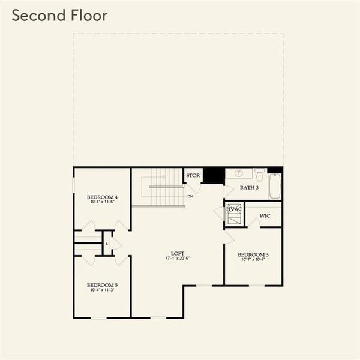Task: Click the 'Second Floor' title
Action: click(x=59, y=16)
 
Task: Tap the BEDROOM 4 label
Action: click(x=102, y=197)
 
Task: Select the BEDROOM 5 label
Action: click(x=102, y=285)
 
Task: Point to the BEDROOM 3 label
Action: click(x=253, y=254)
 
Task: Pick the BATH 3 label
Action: click(x=249, y=188)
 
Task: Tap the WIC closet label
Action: click(x=265, y=215)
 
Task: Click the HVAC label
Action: click(x=234, y=209)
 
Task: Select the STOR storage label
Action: click(x=193, y=176)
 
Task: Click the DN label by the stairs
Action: click(x=191, y=196)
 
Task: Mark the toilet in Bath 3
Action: click(x=259, y=175)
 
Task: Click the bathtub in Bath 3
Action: click(x=275, y=186)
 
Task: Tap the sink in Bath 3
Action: click(x=239, y=173)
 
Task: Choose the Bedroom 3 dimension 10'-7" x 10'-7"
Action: click(x=253, y=260)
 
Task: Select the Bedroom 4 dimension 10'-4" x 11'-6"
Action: click(x=102, y=202)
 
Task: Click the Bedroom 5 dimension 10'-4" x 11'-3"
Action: click(x=102, y=290)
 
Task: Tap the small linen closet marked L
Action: click(x=107, y=244)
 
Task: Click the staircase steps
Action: click(x=161, y=186)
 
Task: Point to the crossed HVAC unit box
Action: click(x=234, y=215)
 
